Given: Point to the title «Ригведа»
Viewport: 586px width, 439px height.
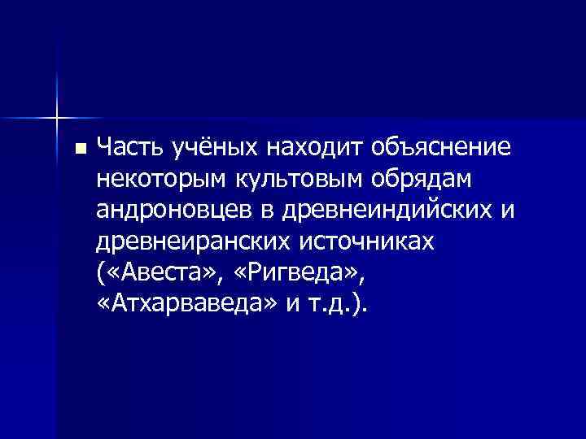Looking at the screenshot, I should tap(282, 272).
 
